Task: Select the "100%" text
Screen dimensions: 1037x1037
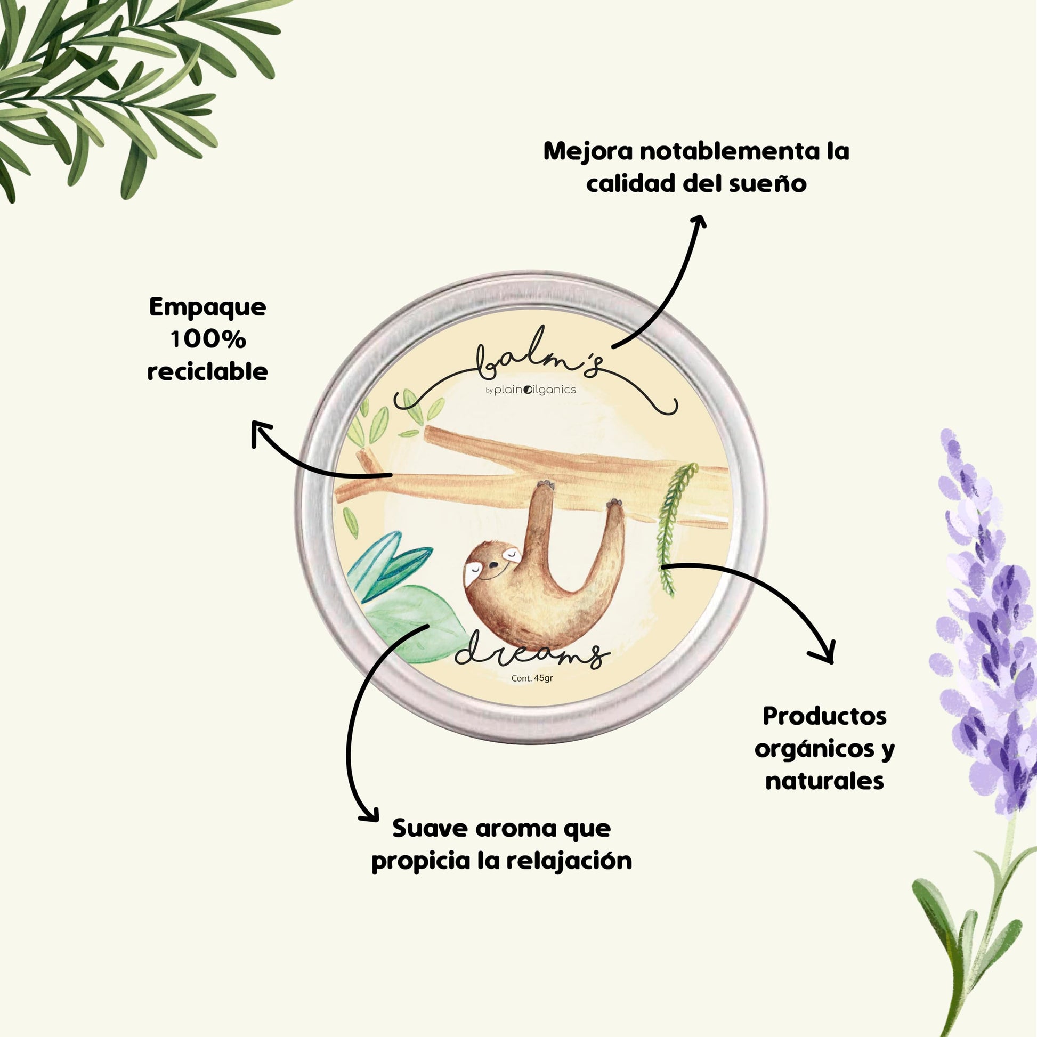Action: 208,339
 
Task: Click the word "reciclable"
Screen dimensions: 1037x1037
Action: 208,371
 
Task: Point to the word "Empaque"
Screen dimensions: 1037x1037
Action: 208,307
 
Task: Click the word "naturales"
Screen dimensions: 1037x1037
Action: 824,781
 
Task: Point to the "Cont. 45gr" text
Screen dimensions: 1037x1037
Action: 532,678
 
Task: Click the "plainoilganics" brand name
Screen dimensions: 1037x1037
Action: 534,390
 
